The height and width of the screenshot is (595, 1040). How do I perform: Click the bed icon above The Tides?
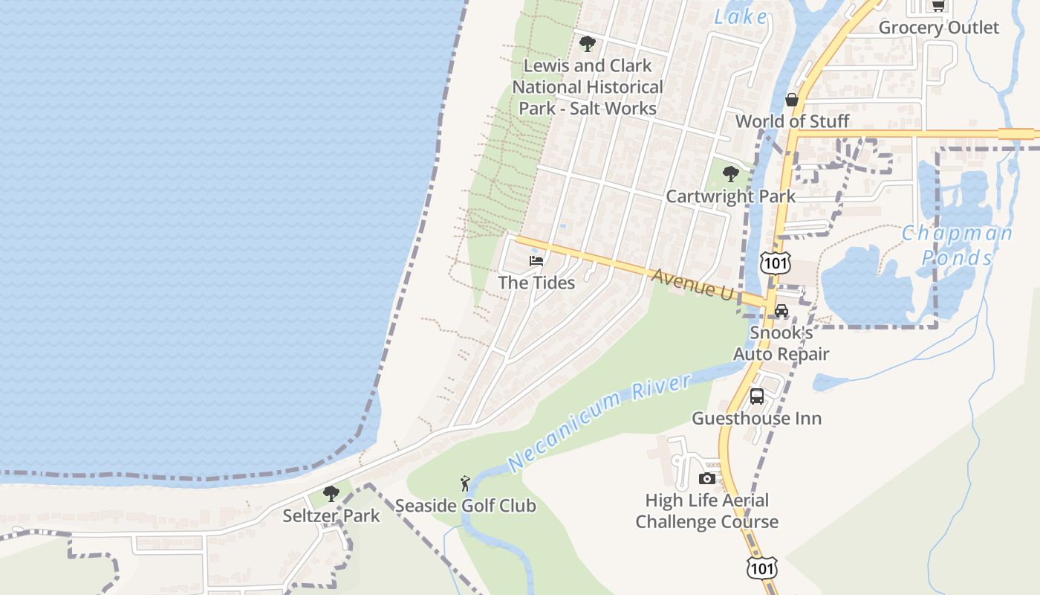(536, 261)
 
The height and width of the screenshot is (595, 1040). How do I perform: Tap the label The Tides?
(536, 283)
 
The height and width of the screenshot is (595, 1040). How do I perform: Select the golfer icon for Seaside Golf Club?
(465, 483)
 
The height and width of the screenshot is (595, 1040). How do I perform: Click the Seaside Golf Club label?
(465, 506)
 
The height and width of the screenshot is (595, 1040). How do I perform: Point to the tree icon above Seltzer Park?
(331, 493)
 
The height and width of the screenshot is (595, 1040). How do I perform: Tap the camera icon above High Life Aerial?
(707, 478)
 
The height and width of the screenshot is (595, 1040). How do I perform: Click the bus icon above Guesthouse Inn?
(756, 396)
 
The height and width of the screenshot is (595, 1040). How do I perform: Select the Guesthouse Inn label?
(756, 418)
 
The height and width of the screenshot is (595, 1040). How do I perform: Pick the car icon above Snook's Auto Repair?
(781, 311)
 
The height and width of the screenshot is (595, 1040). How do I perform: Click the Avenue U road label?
(692, 284)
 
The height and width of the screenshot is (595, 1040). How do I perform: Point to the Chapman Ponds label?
(957, 245)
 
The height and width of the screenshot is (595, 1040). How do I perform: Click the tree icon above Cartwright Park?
(731, 175)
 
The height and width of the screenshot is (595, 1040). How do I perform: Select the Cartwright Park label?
(730, 196)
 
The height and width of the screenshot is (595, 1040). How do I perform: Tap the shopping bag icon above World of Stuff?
(792, 100)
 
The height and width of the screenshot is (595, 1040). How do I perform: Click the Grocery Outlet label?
(939, 28)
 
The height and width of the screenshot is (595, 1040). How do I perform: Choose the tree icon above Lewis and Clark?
(588, 44)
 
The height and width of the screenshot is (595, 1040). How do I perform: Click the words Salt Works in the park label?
(618, 109)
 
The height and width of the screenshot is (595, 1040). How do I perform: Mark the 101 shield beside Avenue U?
(775, 263)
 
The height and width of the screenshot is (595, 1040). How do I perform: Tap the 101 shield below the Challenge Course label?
(763, 569)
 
